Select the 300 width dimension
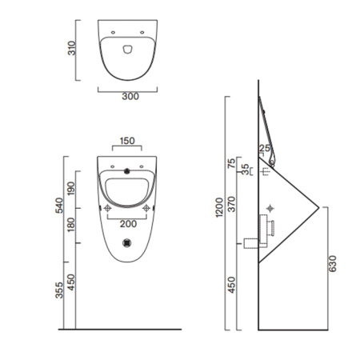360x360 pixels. pyautogui.click(x=130, y=97)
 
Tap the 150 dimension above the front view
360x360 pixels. pyautogui.click(x=127, y=141)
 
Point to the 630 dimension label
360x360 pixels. pyautogui.click(x=330, y=262)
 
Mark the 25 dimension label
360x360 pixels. pyautogui.click(x=264, y=147)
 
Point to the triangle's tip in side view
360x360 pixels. pyautogui.click(x=319, y=208)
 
